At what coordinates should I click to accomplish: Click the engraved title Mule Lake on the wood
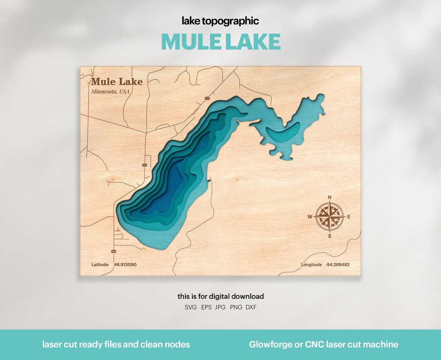(117, 82)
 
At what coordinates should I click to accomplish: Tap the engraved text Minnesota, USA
(110, 92)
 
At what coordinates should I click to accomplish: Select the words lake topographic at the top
(220, 21)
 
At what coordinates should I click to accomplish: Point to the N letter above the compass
(330, 198)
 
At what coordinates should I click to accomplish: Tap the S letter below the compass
(330, 236)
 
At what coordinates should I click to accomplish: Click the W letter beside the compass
(310, 217)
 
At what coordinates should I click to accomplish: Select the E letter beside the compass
(349, 217)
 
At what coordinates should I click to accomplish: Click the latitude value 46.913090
(125, 265)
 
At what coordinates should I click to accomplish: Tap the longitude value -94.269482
(337, 265)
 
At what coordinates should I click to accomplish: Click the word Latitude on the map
(100, 265)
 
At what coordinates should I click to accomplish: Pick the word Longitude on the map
(312, 265)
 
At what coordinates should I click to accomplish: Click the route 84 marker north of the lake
(207, 99)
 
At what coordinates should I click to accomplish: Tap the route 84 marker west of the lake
(144, 165)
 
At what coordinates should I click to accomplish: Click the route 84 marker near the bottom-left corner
(114, 251)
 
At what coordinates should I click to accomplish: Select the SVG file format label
(191, 307)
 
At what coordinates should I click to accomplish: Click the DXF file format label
(251, 307)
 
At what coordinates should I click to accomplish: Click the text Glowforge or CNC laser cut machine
(323, 344)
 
